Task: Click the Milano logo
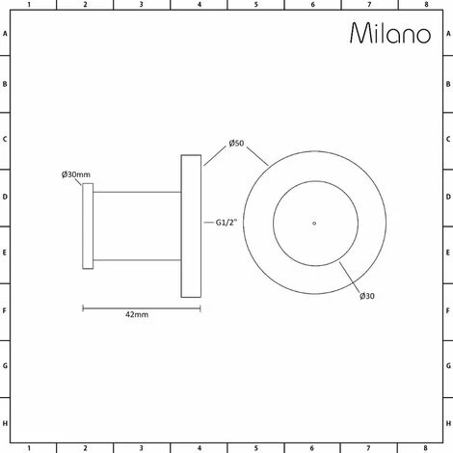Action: pyautogui.click(x=390, y=33)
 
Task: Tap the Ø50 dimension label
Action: pyautogui.click(x=236, y=144)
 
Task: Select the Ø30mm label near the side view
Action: pyautogui.click(x=76, y=174)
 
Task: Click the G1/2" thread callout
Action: pyautogui.click(x=226, y=223)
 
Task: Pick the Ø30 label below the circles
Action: pyautogui.click(x=367, y=296)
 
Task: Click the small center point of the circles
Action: pyautogui.click(x=314, y=223)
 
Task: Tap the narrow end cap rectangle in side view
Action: pyautogui.click(x=88, y=226)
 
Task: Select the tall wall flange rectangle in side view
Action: pyautogui.click(x=191, y=226)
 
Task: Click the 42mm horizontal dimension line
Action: pyautogui.click(x=142, y=308)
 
